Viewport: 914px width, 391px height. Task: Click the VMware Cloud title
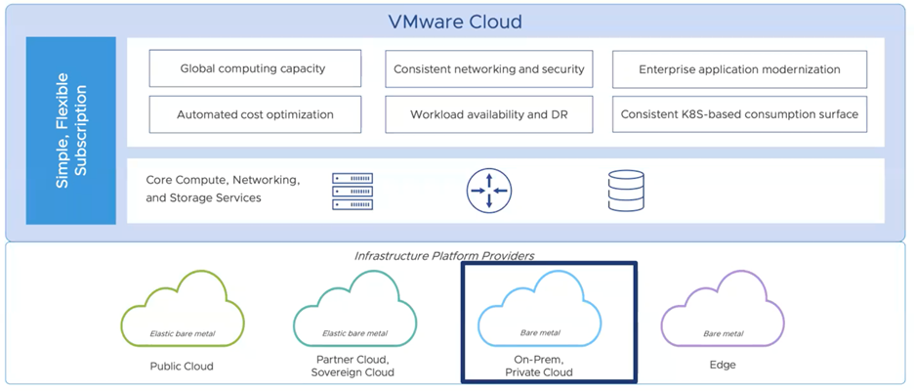pyautogui.click(x=457, y=21)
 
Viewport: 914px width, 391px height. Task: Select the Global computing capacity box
pyautogui.click(x=254, y=69)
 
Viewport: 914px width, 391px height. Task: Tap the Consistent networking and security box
pyautogui.click(x=489, y=69)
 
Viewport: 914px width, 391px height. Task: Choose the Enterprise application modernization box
pyautogui.click(x=739, y=69)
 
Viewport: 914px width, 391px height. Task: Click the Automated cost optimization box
pyautogui.click(x=254, y=114)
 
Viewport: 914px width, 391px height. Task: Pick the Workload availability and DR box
pyautogui.click(x=489, y=114)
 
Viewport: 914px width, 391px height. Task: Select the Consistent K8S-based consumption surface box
pyautogui.click(x=739, y=114)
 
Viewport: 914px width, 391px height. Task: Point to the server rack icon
pyautogui.click(x=353, y=191)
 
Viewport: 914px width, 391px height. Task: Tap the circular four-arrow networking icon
pyautogui.click(x=488, y=191)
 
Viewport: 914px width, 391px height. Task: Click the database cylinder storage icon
pyautogui.click(x=625, y=191)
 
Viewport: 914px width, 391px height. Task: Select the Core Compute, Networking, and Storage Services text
pyautogui.click(x=223, y=190)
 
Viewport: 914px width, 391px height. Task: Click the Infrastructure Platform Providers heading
pyautogui.click(x=444, y=256)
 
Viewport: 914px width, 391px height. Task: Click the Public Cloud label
pyautogui.click(x=183, y=367)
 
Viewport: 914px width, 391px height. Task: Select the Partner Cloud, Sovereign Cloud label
pyautogui.click(x=353, y=366)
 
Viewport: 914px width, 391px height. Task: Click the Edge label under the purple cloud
pyautogui.click(x=723, y=365)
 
